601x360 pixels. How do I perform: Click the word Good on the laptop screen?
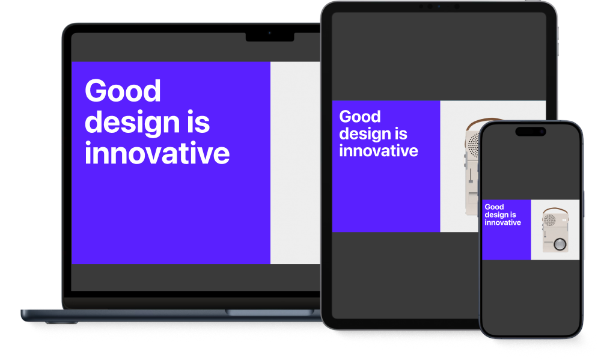click(123, 91)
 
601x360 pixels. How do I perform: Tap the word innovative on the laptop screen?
click(157, 153)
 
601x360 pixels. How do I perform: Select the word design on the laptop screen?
click(132, 123)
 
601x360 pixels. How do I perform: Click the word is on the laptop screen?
click(198, 122)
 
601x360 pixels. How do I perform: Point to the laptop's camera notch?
click(270, 37)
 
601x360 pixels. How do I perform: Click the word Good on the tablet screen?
click(360, 117)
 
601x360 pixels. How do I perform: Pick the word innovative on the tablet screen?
click(379, 151)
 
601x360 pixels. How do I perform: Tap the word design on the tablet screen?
click(365, 135)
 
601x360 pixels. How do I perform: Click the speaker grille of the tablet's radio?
click(474, 145)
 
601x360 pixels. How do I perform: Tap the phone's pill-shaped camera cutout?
click(531, 132)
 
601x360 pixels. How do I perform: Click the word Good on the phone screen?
click(494, 207)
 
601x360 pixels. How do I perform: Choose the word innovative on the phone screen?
click(503, 222)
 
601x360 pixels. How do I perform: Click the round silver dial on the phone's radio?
click(560, 244)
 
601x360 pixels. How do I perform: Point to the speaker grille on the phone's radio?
click(550, 220)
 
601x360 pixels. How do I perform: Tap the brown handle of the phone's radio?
click(555, 210)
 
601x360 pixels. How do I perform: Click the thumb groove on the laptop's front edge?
click(269, 313)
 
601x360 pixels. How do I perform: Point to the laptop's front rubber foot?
click(61, 322)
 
